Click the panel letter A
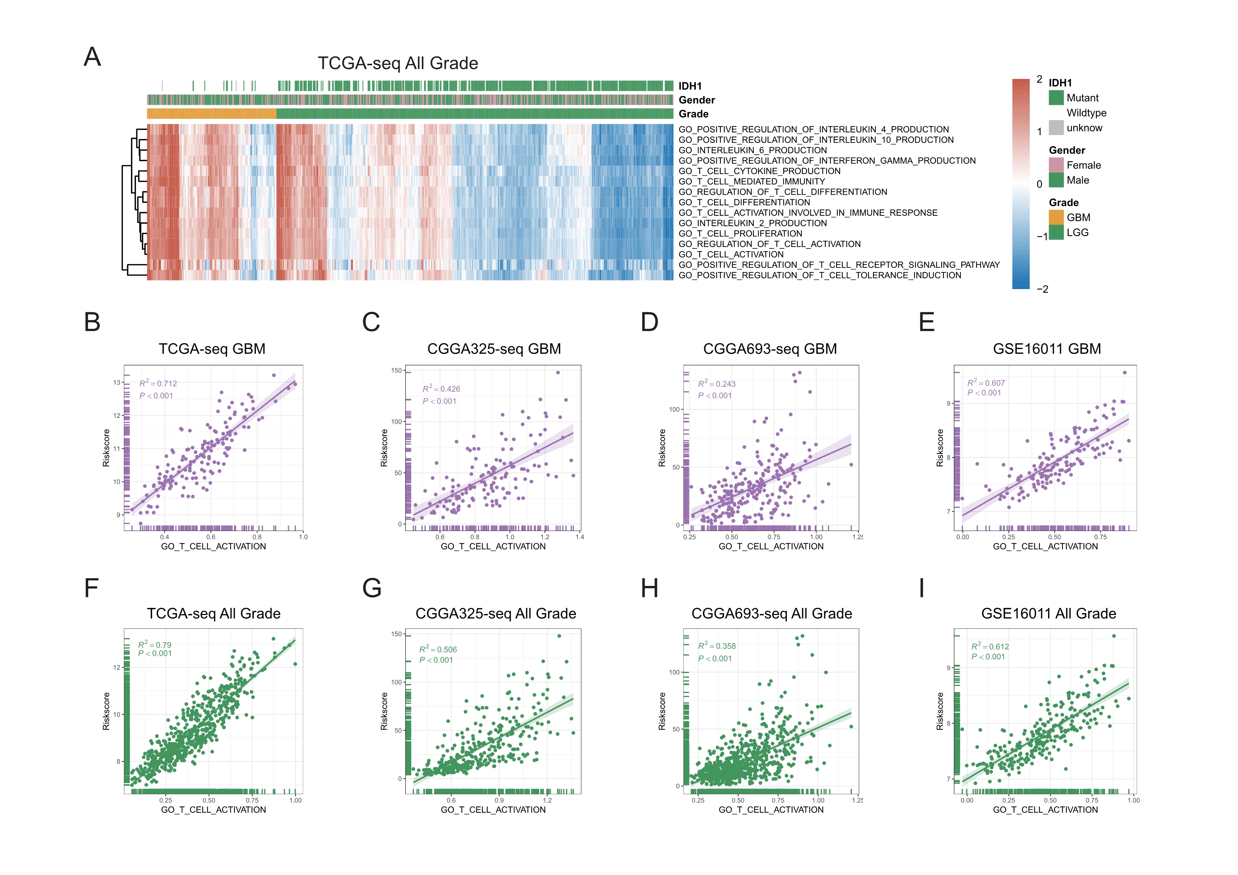click(x=92, y=56)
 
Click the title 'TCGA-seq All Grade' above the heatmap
click(x=397, y=64)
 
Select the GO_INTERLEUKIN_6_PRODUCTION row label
click(x=752, y=150)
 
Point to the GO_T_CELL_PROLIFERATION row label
click(x=740, y=233)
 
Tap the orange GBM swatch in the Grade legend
click(x=1056, y=217)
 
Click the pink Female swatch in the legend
click(x=1056, y=165)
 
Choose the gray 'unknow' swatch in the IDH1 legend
click(x=1056, y=128)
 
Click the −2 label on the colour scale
click(x=1042, y=289)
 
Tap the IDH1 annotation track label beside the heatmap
click(x=690, y=86)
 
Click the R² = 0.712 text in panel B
click(x=158, y=383)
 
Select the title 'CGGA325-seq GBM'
click(x=494, y=349)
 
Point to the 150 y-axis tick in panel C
click(x=396, y=371)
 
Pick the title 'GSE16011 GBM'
click(x=1047, y=349)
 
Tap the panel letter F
click(x=92, y=588)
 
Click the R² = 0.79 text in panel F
click(x=155, y=644)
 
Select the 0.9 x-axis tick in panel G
click(x=499, y=800)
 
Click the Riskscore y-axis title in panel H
click(x=662, y=711)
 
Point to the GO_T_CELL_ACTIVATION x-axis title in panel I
click(x=1045, y=810)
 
